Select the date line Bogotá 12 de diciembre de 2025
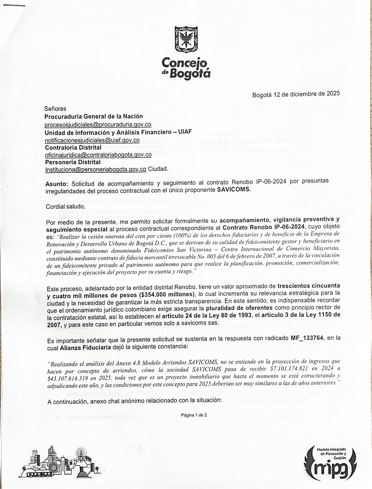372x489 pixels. click(296, 94)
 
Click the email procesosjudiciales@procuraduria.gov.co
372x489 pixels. click(98, 125)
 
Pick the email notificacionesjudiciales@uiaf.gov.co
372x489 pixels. click(92, 140)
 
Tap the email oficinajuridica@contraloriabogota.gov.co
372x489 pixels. click(98, 154)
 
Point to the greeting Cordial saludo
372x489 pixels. click(65, 207)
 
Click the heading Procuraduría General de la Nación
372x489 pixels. click(94, 116)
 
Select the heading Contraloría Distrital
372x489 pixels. click(73, 147)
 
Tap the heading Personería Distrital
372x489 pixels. click(73, 162)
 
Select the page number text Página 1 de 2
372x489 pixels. click(194, 415)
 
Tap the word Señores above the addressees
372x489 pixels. click(55, 109)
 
